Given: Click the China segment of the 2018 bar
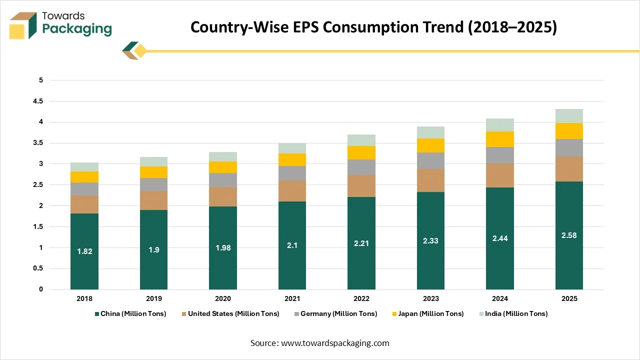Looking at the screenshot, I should pyautogui.click(x=84, y=235).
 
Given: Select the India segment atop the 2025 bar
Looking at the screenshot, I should pyautogui.click(x=569, y=116).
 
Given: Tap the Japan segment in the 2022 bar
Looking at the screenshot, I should pyautogui.click(x=361, y=152).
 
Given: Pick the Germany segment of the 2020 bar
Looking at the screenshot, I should pyautogui.click(x=223, y=180).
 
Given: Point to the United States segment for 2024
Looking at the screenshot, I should pyautogui.click(x=500, y=175).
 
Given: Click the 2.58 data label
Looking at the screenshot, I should pyautogui.click(x=569, y=235).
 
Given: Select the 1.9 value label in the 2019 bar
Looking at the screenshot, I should pyautogui.click(x=153, y=249).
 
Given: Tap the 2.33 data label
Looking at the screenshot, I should pyautogui.click(x=430, y=240).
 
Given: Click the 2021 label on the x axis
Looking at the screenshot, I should pyautogui.click(x=292, y=298).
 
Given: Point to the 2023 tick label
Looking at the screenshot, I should pyautogui.click(x=430, y=298).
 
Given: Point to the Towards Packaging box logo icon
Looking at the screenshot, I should pyautogui.click(x=22, y=25).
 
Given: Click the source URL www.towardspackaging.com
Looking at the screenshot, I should pyautogui.click(x=335, y=343).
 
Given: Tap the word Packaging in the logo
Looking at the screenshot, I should pyautogui.click(x=77, y=29).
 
